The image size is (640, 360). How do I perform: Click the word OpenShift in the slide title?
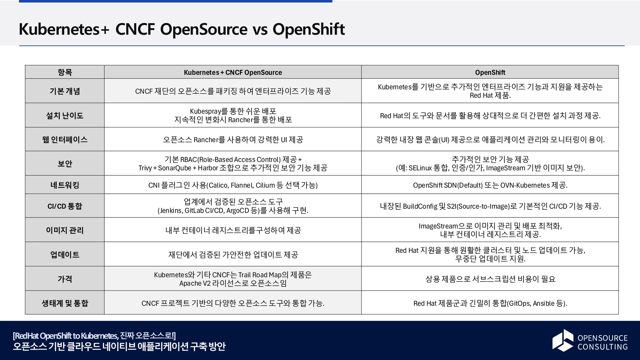click(x=308, y=29)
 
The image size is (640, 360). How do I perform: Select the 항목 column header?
click(x=65, y=72)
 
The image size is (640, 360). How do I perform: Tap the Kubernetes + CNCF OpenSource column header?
click(x=233, y=72)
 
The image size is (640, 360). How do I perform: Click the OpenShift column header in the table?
click(x=490, y=72)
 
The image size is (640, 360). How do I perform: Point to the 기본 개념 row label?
click(x=65, y=91)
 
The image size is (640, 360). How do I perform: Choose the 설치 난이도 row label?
click(x=65, y=115)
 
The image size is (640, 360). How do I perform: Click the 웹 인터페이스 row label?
click(x=65, y=139)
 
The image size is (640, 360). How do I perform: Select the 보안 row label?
click(x=65, y=163)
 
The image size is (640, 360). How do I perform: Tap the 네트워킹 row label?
click(x=65, y=185)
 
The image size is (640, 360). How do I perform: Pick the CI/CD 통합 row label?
click(x=65, y=206)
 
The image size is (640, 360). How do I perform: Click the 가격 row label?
click(x=65, y=279)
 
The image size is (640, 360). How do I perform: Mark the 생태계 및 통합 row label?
click(x=65, y=303)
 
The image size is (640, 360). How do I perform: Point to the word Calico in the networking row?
click(x=218, y=185)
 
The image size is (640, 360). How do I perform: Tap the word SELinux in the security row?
click(x=420, y=168)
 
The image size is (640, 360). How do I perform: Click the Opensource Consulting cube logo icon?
click(x=562, y=340)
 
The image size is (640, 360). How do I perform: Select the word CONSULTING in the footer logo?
click(x=602, y=347)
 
